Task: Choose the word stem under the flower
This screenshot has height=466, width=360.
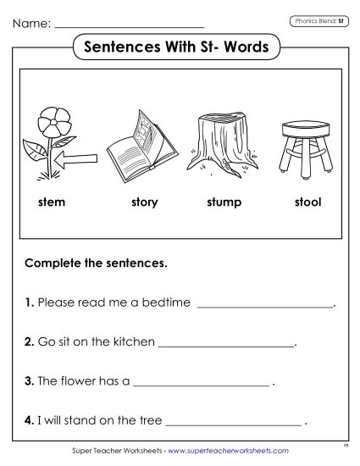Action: [x=52, y=202]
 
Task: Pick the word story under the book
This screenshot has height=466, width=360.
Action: [x=145, y=202]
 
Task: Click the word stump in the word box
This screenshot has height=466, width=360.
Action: [x=224, y=202]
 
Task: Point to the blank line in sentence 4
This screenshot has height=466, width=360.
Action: [x=234, y=421]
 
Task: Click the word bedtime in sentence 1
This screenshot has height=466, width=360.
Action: [x=169, y=302]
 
